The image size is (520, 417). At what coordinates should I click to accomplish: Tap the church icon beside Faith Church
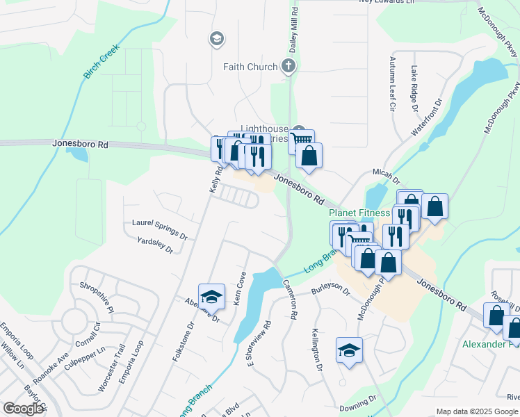289,67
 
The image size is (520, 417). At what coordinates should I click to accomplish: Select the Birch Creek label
101,62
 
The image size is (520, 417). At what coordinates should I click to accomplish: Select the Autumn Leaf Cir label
392,84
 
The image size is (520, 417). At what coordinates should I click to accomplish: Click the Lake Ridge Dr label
414,89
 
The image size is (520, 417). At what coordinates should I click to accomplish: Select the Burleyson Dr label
331,288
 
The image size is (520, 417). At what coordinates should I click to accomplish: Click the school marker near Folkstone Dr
211,297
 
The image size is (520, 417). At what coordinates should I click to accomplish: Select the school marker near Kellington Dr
349,351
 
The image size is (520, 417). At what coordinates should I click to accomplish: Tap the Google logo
24,409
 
